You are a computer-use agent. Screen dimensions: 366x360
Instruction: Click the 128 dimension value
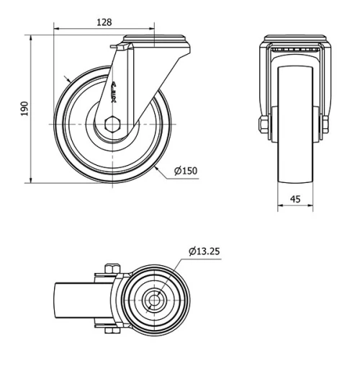click(104, 22)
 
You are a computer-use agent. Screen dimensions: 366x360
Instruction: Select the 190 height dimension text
click(24, 109)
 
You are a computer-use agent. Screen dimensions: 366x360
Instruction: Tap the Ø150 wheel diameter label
click(185, 171)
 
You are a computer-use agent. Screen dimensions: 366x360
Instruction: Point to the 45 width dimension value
click(295, 200)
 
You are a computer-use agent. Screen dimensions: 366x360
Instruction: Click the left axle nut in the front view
click(264, 125)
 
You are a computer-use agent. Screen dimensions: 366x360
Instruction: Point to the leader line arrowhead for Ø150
click(158, 167)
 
